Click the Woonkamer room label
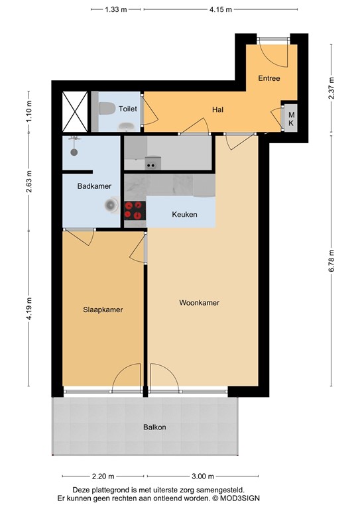pyautogui.click(x=199, y=303)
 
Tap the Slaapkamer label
pyautogui.click(x=103, y=310)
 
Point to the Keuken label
pyautogui.click(x=183, y=215)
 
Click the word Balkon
pyautogui.click(x=154, y=427)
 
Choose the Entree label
pyautogui.click(x=269, y=78)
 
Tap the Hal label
pyautogui.click(x=217, y=109)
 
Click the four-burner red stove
pyautogui.click(x=134, y=209)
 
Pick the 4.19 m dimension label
pyautogui.click(x=29, y=308)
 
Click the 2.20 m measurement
pyautogui.click(x=104, y=476)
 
